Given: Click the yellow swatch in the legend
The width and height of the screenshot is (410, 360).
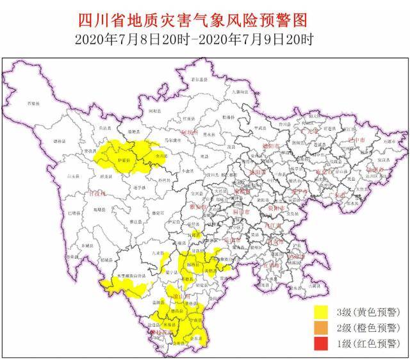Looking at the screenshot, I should (x=323, y=313).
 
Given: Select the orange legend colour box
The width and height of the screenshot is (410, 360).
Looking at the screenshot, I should (x=323, y=328).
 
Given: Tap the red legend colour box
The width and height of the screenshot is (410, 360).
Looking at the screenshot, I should (x=323, y=344).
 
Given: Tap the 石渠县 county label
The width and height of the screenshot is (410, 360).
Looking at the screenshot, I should (x=33, y=103).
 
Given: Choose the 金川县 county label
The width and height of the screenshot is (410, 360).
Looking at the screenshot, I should (x=160, y=156).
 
